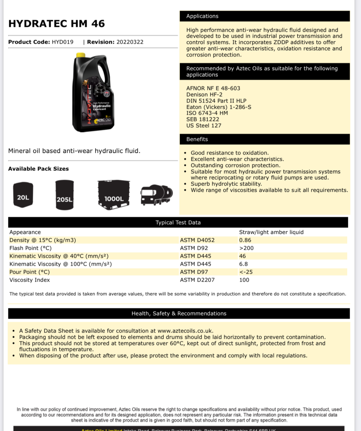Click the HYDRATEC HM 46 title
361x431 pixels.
(x=56, y=24)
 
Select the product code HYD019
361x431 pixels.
(x=63, y=42)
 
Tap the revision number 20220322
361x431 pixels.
(x=130, y=42)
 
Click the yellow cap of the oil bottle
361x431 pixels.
(x=81, y=55)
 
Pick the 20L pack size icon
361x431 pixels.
(x=23, y=195)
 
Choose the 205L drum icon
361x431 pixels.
(x=65, y=195)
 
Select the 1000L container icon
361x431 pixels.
(x=114, y=195)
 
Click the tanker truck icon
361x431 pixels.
(x=157, y=195)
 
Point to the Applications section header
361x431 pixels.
(x=202, y=16)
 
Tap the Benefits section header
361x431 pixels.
(x=197, y=139)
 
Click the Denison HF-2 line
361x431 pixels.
(x=204, y=95)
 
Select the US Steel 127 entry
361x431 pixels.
(x=204, y=126)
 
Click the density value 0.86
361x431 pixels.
(x=245, y=240)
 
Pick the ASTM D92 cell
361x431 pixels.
(x=194, y=248)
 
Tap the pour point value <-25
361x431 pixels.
(x=246, y=272)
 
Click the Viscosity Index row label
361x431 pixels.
(x=30, y=280)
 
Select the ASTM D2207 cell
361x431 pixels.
(x=197, y=280)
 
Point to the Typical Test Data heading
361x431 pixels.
(x=178, y=223)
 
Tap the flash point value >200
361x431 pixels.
(x=246, y=248)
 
